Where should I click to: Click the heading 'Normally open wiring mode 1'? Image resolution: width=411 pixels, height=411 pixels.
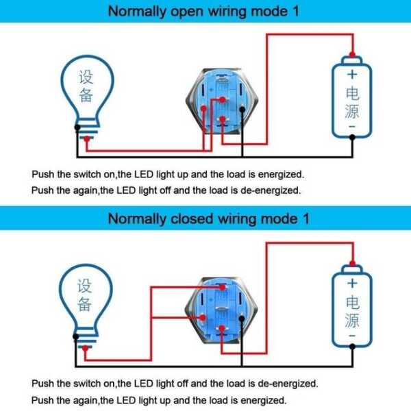206,11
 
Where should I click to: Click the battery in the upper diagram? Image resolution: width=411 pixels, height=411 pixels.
351,99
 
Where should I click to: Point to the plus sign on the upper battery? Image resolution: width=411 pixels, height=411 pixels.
351,74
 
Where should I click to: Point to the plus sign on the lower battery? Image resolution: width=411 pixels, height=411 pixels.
351,282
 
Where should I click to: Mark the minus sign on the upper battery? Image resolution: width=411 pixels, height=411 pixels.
351,127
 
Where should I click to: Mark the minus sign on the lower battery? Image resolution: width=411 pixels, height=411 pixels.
351,336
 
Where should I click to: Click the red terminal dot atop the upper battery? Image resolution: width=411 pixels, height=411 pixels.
351,55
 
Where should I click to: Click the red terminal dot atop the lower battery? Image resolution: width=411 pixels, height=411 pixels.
351,263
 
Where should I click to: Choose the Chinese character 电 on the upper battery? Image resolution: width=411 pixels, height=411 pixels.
351,92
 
